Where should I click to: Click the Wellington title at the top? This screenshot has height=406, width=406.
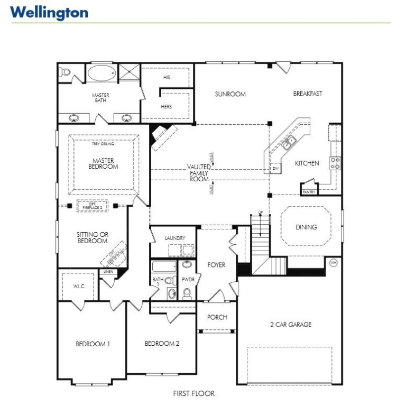point(49,12)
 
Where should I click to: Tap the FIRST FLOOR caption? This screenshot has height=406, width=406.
point(193,393)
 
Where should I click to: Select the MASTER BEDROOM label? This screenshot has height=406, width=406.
point(105,163)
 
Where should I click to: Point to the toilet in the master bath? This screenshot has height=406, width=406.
point(64,72)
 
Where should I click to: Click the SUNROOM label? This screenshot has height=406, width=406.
point(230,94)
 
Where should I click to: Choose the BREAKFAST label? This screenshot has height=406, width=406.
point(308,94)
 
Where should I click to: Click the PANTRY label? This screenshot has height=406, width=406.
point(309,192)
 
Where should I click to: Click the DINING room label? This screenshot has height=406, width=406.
point(306,227)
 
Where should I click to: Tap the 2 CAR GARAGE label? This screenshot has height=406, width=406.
point(290,325)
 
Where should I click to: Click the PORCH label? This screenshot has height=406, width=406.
point(217,317)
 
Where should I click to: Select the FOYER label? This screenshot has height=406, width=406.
point(216,265)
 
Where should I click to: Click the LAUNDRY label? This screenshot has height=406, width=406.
point(174,238)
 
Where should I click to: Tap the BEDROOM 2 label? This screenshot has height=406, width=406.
point(162,344)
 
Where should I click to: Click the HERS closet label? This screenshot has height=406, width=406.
point(167,106)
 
